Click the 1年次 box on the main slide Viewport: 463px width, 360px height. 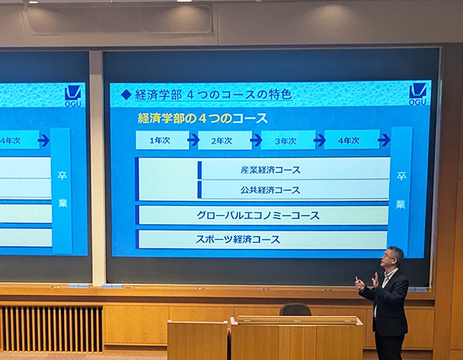click(162, 140)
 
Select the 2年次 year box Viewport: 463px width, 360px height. click(225, 140)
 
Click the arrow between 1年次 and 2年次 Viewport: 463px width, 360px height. click(194, 140)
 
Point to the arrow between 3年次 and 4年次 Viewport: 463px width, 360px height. click(319, 140)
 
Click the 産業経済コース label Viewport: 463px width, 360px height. click(271, 170)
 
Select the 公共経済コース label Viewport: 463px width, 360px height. click(270, 190)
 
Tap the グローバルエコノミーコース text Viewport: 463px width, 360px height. click(258, 216)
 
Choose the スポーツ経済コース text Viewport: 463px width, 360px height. click(238, 239)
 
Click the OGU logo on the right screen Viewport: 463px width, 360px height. click(417, 94)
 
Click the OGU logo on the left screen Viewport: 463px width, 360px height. click(73, 96)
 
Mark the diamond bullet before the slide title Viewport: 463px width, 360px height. click(127, 95)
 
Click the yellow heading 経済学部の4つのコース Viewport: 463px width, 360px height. click(203, 119)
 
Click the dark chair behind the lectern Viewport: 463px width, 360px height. click(296, 310)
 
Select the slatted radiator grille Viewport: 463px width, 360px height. click(52, 328)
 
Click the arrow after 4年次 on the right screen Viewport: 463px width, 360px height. click(384, 140)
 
